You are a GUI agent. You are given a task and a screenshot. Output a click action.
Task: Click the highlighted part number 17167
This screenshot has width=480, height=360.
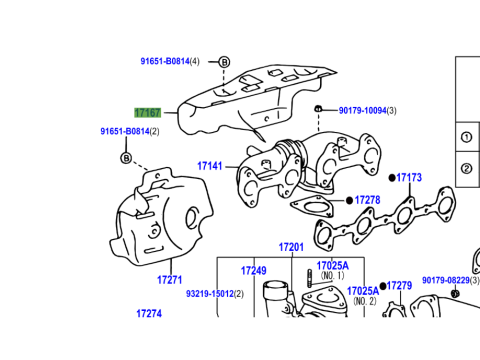point(148,113)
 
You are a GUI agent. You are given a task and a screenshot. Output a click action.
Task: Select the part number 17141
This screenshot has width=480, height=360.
point(210,166)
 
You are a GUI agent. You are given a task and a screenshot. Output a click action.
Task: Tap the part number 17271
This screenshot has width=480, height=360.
point(170,280)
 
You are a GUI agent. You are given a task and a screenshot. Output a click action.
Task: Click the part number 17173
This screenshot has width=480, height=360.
point(409,177)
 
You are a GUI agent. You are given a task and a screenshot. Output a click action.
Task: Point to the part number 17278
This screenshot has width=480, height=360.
point(367,200)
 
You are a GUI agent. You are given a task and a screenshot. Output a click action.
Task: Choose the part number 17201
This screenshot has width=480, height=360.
point(291,247)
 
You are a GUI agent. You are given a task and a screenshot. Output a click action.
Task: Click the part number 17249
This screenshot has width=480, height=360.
point(254,271)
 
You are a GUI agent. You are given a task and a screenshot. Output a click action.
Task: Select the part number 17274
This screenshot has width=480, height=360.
point(149,313)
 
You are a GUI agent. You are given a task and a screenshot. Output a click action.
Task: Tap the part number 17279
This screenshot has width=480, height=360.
point(399,286)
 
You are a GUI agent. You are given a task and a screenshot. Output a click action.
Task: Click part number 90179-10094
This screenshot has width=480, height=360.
point(363,110)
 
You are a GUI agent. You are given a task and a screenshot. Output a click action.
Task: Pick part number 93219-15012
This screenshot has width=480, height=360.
point(210,294)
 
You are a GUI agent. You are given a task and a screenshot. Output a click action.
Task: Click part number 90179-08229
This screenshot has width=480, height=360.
point(446,280)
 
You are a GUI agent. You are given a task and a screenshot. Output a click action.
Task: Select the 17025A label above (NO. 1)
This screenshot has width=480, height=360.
point(332,266)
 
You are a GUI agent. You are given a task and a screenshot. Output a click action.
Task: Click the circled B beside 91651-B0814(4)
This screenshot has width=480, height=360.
point(224,62)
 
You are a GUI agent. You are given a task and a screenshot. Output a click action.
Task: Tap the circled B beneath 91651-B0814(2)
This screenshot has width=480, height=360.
point(126,158)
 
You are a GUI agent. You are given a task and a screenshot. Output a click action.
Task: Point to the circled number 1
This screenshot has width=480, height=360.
point(466,137)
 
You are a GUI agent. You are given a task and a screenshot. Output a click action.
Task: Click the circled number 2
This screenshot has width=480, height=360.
point(466,168)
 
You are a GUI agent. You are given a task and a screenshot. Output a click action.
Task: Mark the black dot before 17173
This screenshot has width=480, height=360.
point(392,178)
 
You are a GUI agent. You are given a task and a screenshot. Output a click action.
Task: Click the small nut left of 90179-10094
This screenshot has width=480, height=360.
point(318,109)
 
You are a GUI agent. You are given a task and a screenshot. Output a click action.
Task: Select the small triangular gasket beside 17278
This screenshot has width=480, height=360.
point(312,207)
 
